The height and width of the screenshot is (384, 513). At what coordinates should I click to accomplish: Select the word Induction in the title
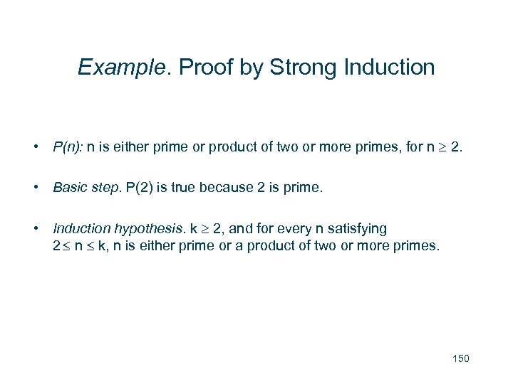click(x=389, y=68)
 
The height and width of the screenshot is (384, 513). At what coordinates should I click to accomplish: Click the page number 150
click(x=460, y=358)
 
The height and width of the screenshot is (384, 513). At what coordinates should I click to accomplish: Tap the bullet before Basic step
click(x=34, y=188)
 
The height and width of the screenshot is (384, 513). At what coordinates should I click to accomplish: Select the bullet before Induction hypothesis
click(x=34, y=229)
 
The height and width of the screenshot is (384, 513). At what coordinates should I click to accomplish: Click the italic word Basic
click(x=68, y=188)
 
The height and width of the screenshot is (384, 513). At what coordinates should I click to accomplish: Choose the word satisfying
click(x=358, y=229)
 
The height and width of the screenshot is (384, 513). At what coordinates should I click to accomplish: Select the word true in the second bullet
click(x=181, y=188)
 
